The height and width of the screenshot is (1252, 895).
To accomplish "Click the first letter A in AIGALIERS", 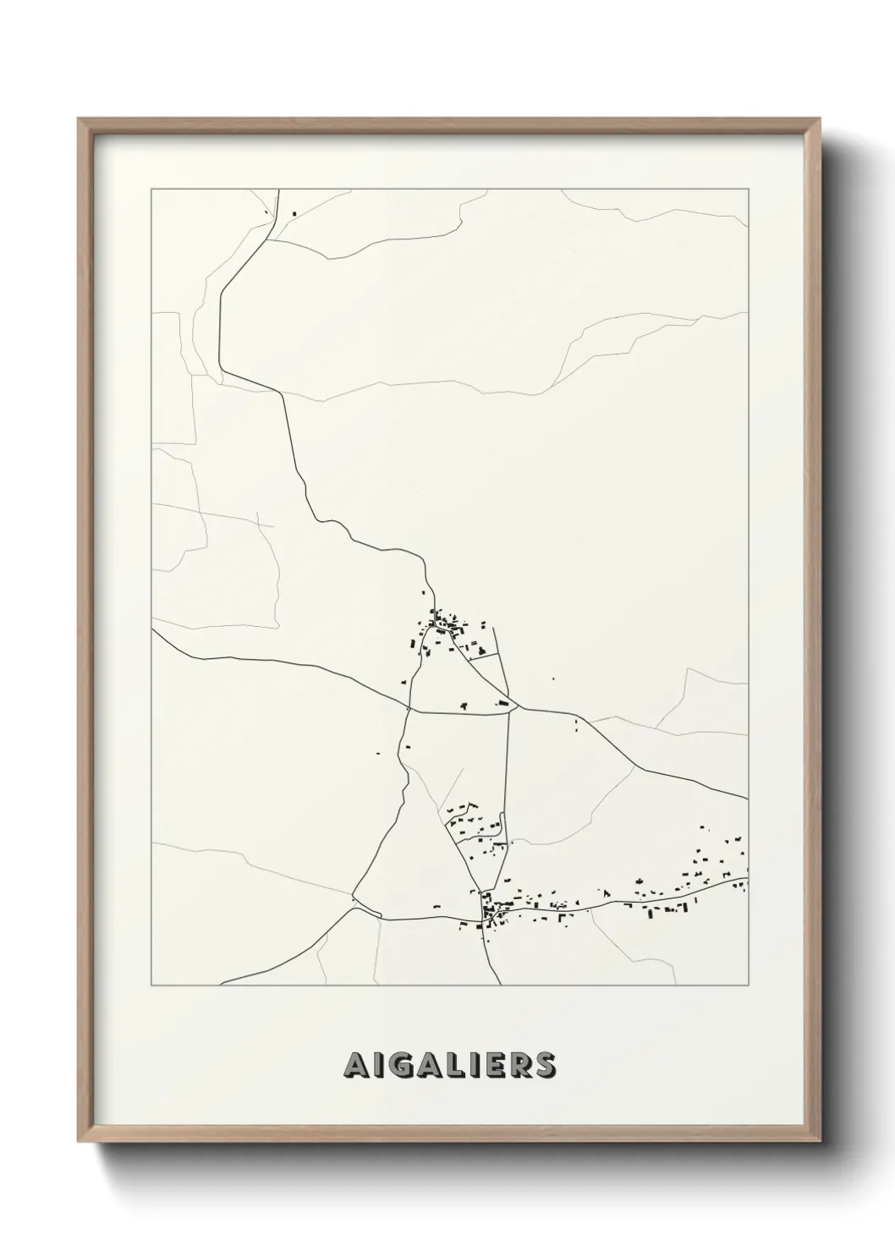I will (355, 1065).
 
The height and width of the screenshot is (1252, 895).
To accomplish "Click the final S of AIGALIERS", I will (546, 1065).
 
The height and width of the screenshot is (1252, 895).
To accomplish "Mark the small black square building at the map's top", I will (294, 212).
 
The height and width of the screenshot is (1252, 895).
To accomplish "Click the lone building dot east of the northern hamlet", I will (554, 678).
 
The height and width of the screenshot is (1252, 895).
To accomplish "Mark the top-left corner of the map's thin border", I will (151, 190).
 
